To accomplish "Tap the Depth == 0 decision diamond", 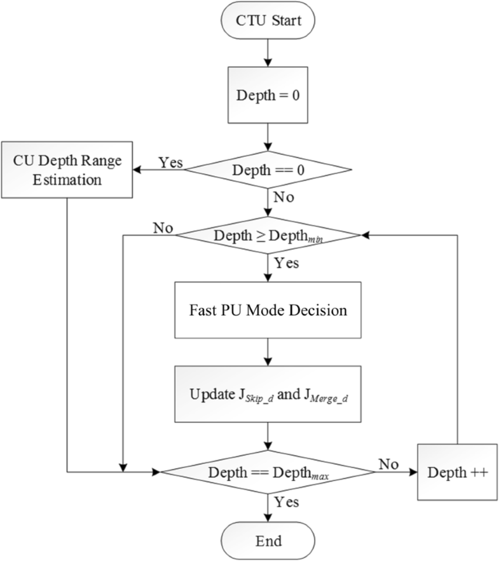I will [267, 170].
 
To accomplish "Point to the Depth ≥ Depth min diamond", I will [267, 235].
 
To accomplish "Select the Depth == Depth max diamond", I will [267, 472].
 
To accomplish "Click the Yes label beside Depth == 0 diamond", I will [170, 162].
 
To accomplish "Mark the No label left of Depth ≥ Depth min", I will [163, 227].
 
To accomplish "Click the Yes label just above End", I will [286, 502].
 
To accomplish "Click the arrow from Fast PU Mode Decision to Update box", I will [267, 351].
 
